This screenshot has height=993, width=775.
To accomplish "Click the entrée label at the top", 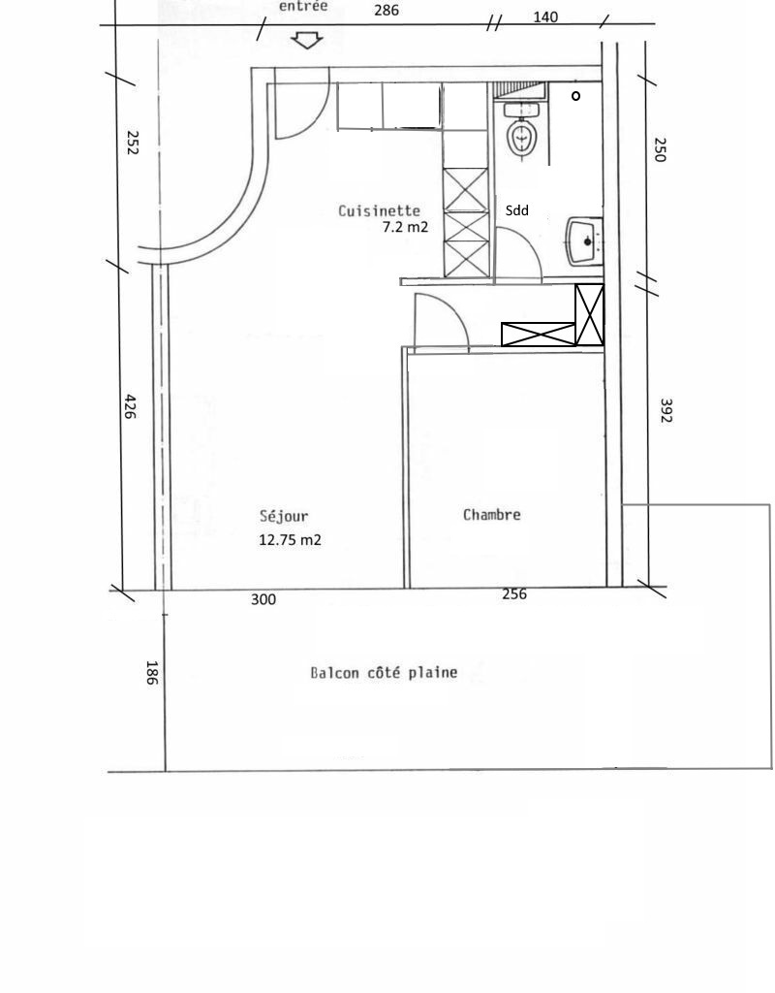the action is (x=303, y=7).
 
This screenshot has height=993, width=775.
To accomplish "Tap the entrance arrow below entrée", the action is (x=307, y=41).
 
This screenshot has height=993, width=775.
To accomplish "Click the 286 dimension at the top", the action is (x=387, y=10).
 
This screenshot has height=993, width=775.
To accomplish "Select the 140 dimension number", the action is (x=545, y=17).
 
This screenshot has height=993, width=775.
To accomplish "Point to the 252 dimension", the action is (x=132, y=143).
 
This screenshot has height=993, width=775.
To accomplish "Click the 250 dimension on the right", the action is (x=660, y=149).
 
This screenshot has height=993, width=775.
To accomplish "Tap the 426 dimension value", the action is (x=130, y=406).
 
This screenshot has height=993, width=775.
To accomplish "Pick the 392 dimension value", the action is (x=666, y=410).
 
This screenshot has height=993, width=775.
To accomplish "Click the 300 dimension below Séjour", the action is (x=263, y=599).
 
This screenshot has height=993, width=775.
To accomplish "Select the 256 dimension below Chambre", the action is (x=514, y=594).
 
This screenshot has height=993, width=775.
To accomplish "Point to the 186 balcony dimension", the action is (x=151, y=673).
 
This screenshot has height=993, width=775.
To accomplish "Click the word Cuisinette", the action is (x=379, y=210).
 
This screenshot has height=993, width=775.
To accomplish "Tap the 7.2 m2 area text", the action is (x=405, y=227).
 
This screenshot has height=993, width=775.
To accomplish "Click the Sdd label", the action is (x=517, y=210).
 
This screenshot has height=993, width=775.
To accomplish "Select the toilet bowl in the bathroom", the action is (x=522, y=132).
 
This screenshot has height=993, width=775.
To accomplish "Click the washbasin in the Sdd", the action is (x=584, y=241).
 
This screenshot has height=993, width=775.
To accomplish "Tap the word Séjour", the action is (x=284, y=516).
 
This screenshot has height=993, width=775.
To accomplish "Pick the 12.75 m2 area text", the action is (x=290, y=539).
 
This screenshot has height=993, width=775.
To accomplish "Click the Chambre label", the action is (x=491, y=514).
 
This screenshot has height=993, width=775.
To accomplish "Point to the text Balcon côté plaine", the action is (x=384, y=672).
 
